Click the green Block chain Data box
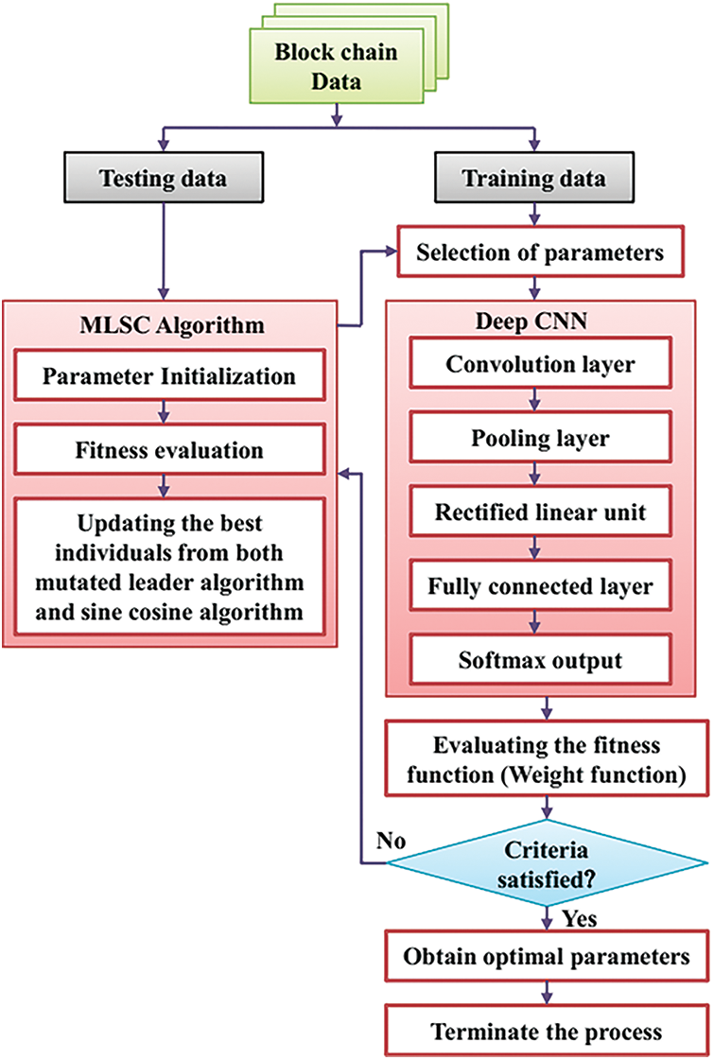337,65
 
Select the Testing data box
164,178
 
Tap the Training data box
534,178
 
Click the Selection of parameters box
540,252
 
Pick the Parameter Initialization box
169,375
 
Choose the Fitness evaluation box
169,449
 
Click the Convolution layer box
540,364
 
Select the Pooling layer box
540,438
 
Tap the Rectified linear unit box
540,512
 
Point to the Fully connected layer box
540,586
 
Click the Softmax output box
540,660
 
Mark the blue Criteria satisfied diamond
547,864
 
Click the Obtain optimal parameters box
547,956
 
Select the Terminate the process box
547,1031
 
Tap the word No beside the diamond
391,841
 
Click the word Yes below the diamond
580,919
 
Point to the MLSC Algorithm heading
172,325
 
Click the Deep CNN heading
531,321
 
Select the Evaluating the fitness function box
547,759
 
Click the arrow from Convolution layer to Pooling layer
535,400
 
